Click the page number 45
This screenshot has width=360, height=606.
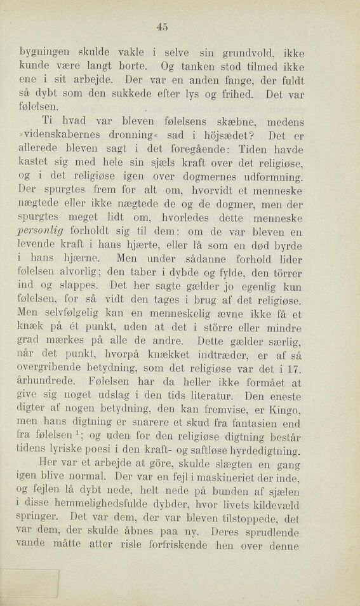tap(162, 26)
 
